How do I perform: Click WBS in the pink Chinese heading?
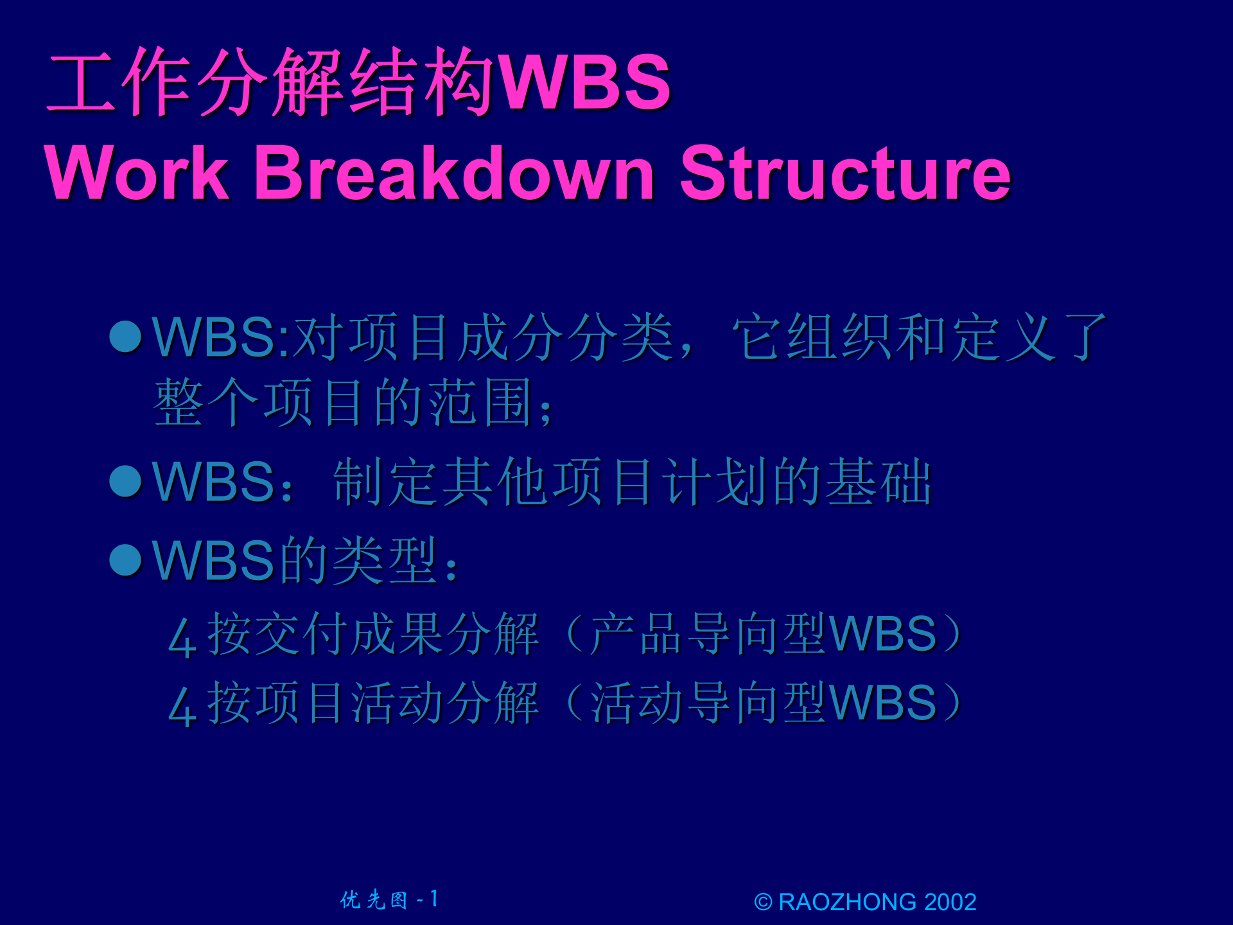585,82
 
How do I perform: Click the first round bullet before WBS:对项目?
125,337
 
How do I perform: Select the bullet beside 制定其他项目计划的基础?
125,482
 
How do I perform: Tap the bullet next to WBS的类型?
125,560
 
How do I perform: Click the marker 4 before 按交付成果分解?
182,637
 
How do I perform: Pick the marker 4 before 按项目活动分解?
182,707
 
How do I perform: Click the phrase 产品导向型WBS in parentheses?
763,634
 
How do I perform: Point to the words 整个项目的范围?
344,403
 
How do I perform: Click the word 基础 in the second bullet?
878,482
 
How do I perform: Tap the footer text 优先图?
374,900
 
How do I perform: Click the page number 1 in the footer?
434,899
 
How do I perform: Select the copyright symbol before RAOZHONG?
763,903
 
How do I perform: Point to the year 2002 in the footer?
950,902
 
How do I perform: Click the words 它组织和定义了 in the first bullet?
919,337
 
